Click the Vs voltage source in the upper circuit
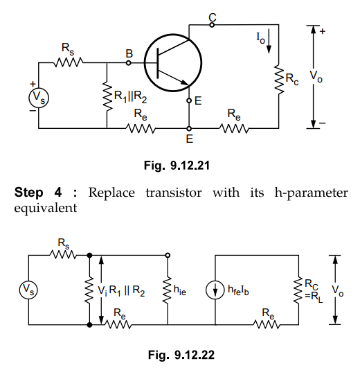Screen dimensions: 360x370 [39, 98]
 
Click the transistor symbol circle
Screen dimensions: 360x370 [144, 63]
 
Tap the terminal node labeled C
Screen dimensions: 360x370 [212, 24]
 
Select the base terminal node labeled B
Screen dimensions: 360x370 [128, 63]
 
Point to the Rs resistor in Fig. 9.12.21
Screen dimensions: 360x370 [69, 62]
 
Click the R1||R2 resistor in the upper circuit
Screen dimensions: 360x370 [107, 96]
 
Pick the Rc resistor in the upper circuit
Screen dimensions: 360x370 [279, 80]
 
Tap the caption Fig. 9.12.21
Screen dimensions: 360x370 [177, 166]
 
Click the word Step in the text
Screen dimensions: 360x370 [29, 192]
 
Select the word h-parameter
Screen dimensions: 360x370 [312, 193]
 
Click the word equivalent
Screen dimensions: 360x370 [46, 208]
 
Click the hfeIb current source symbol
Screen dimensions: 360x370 [215, 290]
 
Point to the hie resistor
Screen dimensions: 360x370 [168, 290]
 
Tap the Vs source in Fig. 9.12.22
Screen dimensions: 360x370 [28, 290]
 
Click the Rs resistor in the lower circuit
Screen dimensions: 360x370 [63, 255]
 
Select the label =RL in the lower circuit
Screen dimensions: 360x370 [314, 297]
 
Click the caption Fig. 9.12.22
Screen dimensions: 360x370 [181, 355]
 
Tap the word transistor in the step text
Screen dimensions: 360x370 [174, 193]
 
